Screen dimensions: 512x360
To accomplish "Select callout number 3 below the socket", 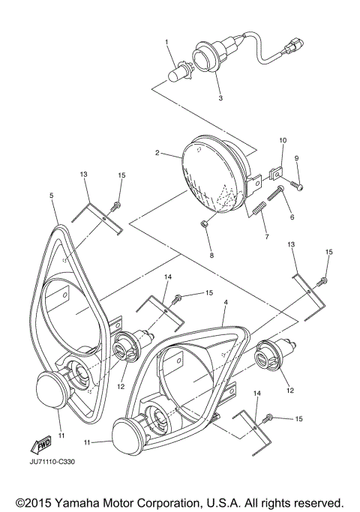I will (x=220, y=98).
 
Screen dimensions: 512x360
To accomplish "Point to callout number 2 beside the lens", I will (x=157, y=153).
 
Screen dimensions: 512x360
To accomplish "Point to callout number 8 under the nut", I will (x=211, y=256).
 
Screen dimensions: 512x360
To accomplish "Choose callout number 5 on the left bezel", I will (x=51, y=196).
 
